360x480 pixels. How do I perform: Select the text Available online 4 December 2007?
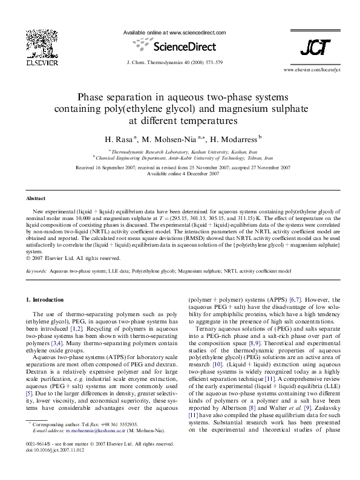click(180, 174)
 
